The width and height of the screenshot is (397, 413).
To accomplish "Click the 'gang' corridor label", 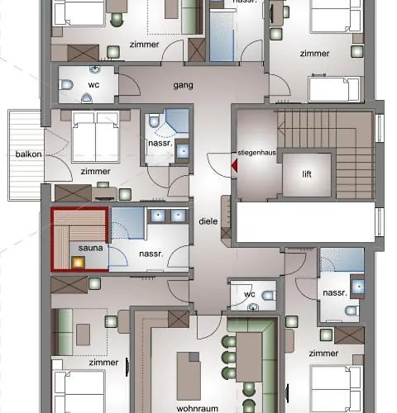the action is tap(183, 85).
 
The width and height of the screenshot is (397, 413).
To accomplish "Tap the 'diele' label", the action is tap(208, 221).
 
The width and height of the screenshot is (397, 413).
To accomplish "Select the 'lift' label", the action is tap(307, 174).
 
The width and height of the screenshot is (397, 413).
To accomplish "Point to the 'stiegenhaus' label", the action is tap(257, 152).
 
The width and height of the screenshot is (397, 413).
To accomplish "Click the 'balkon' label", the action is tap(29, 154).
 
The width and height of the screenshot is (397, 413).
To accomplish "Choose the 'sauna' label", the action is tap(91, 248).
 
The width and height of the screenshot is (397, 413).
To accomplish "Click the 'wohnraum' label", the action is tap(198, 408).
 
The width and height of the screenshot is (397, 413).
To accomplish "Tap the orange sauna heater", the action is tap(78, 263).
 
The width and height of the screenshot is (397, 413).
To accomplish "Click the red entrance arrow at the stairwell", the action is tap(234, 165).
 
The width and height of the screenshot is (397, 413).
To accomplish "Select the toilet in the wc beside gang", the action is tap(66, 84).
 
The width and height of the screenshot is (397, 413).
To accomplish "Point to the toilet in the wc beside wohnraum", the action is tap(269, 296).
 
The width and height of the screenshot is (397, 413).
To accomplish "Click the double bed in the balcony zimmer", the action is tap(95, 136).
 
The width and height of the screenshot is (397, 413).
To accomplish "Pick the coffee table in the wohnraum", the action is tap(189, 376).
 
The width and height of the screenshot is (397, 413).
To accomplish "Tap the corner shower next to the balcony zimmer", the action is tap(176, 121).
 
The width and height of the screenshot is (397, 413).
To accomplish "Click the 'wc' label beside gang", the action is tap(93, 85).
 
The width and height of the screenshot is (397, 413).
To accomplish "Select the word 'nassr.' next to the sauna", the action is tap(151, 254).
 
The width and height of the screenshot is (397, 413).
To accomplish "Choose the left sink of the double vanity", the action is tap(158, 216).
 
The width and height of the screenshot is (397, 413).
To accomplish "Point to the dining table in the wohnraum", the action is tap(249, 357).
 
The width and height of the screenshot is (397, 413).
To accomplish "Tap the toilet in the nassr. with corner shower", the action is tap(155, 121).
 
